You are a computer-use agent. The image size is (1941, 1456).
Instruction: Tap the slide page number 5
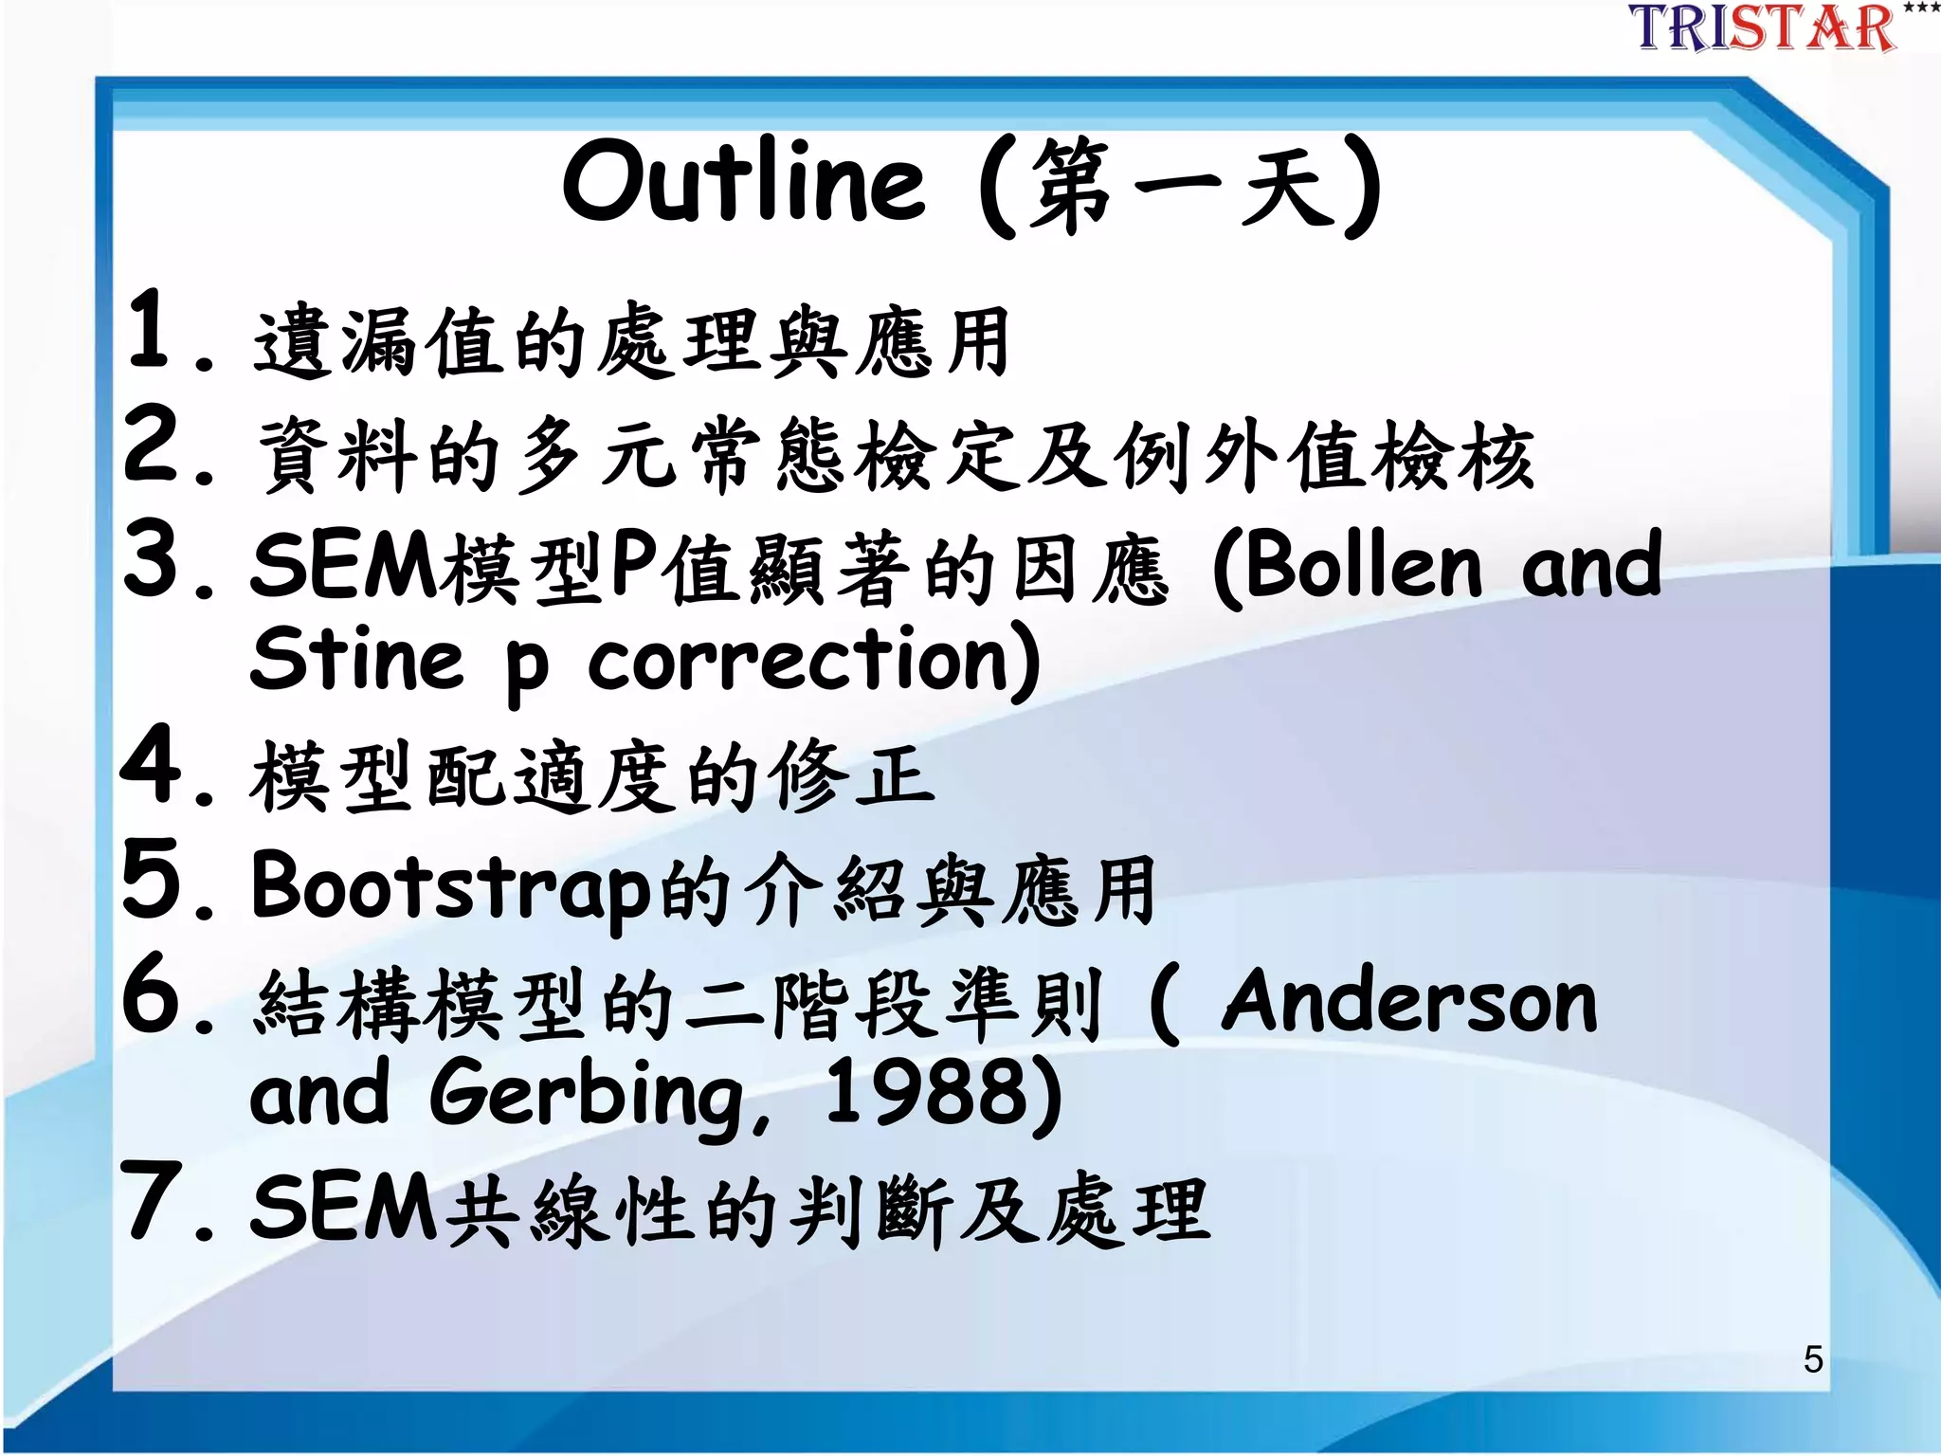point(1812,1359)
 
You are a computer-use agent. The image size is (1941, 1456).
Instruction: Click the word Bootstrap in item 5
point(451,887)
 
